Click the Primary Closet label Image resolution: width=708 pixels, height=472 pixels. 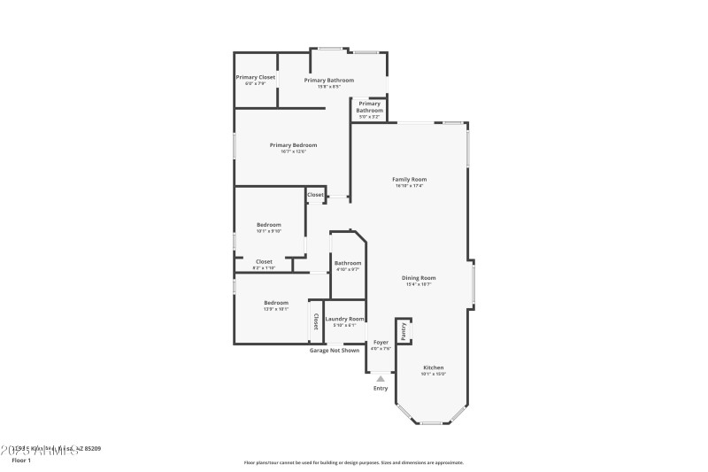click(255, 77)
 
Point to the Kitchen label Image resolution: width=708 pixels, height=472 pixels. click(433, 368)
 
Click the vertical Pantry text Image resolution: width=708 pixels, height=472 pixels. click(404, 330)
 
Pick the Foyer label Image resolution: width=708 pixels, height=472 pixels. click(381, 342)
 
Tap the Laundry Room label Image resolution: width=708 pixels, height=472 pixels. click(344, 319)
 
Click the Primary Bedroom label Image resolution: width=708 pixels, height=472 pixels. click(293, 145)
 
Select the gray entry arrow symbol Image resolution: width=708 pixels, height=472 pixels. click(381, 378)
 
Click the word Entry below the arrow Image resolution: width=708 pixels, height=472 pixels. click(381, 388)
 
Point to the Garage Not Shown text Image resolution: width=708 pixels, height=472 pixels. click(335, 350)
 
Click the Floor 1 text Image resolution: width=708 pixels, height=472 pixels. click(20, 460)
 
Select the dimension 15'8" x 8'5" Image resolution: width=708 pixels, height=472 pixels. click(328, 87)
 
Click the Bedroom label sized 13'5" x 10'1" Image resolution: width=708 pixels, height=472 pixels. click(276, 303)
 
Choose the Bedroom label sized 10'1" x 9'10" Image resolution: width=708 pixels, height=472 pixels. click(269, 225)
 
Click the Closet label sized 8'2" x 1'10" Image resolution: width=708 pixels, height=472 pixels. click(264, 261)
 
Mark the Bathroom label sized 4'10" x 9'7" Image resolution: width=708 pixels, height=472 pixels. click(348, 263)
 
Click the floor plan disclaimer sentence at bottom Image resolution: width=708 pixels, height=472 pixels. click(353, 462)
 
